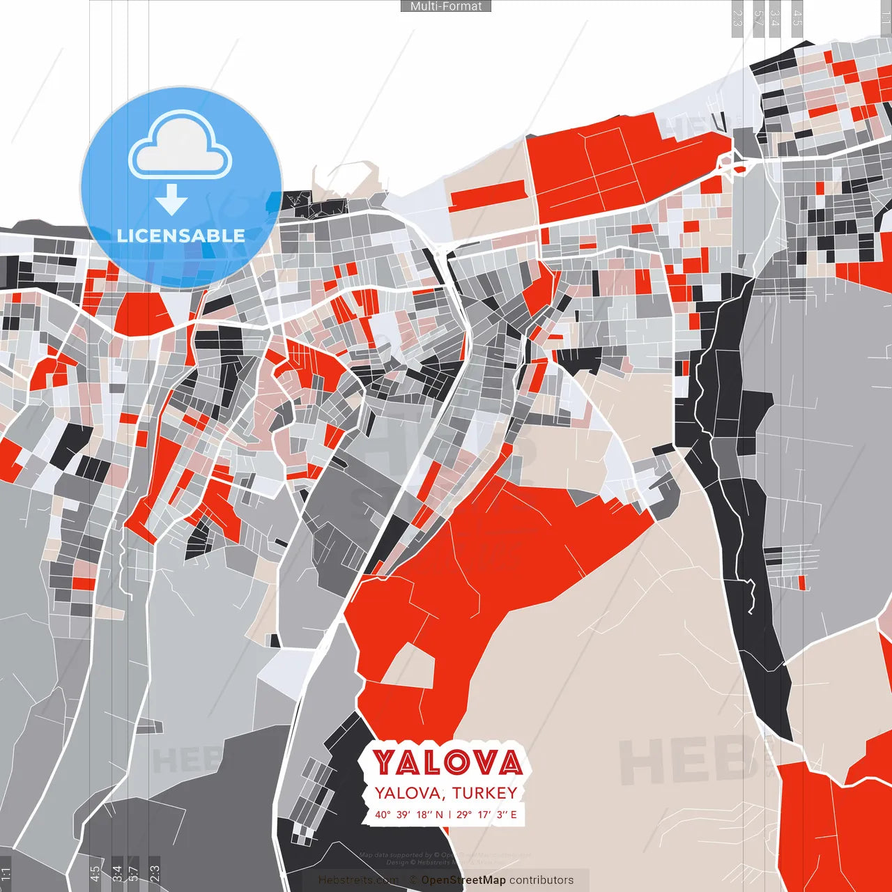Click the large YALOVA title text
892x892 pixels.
pos(447,762)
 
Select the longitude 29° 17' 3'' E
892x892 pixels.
pos(487,815)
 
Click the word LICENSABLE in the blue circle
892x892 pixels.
pos(180,236)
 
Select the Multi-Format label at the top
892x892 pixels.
pos(446,6)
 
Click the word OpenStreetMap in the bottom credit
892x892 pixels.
pos(463,880)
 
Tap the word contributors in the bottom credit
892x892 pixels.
pos(541,880)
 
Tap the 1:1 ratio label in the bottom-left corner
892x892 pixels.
pos(6,874)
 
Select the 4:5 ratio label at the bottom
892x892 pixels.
pos(95,874)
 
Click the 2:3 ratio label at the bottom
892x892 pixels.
pos(155,874)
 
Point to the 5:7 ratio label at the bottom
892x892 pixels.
pos(134,874)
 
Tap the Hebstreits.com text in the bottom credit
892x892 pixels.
pos(358,880)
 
